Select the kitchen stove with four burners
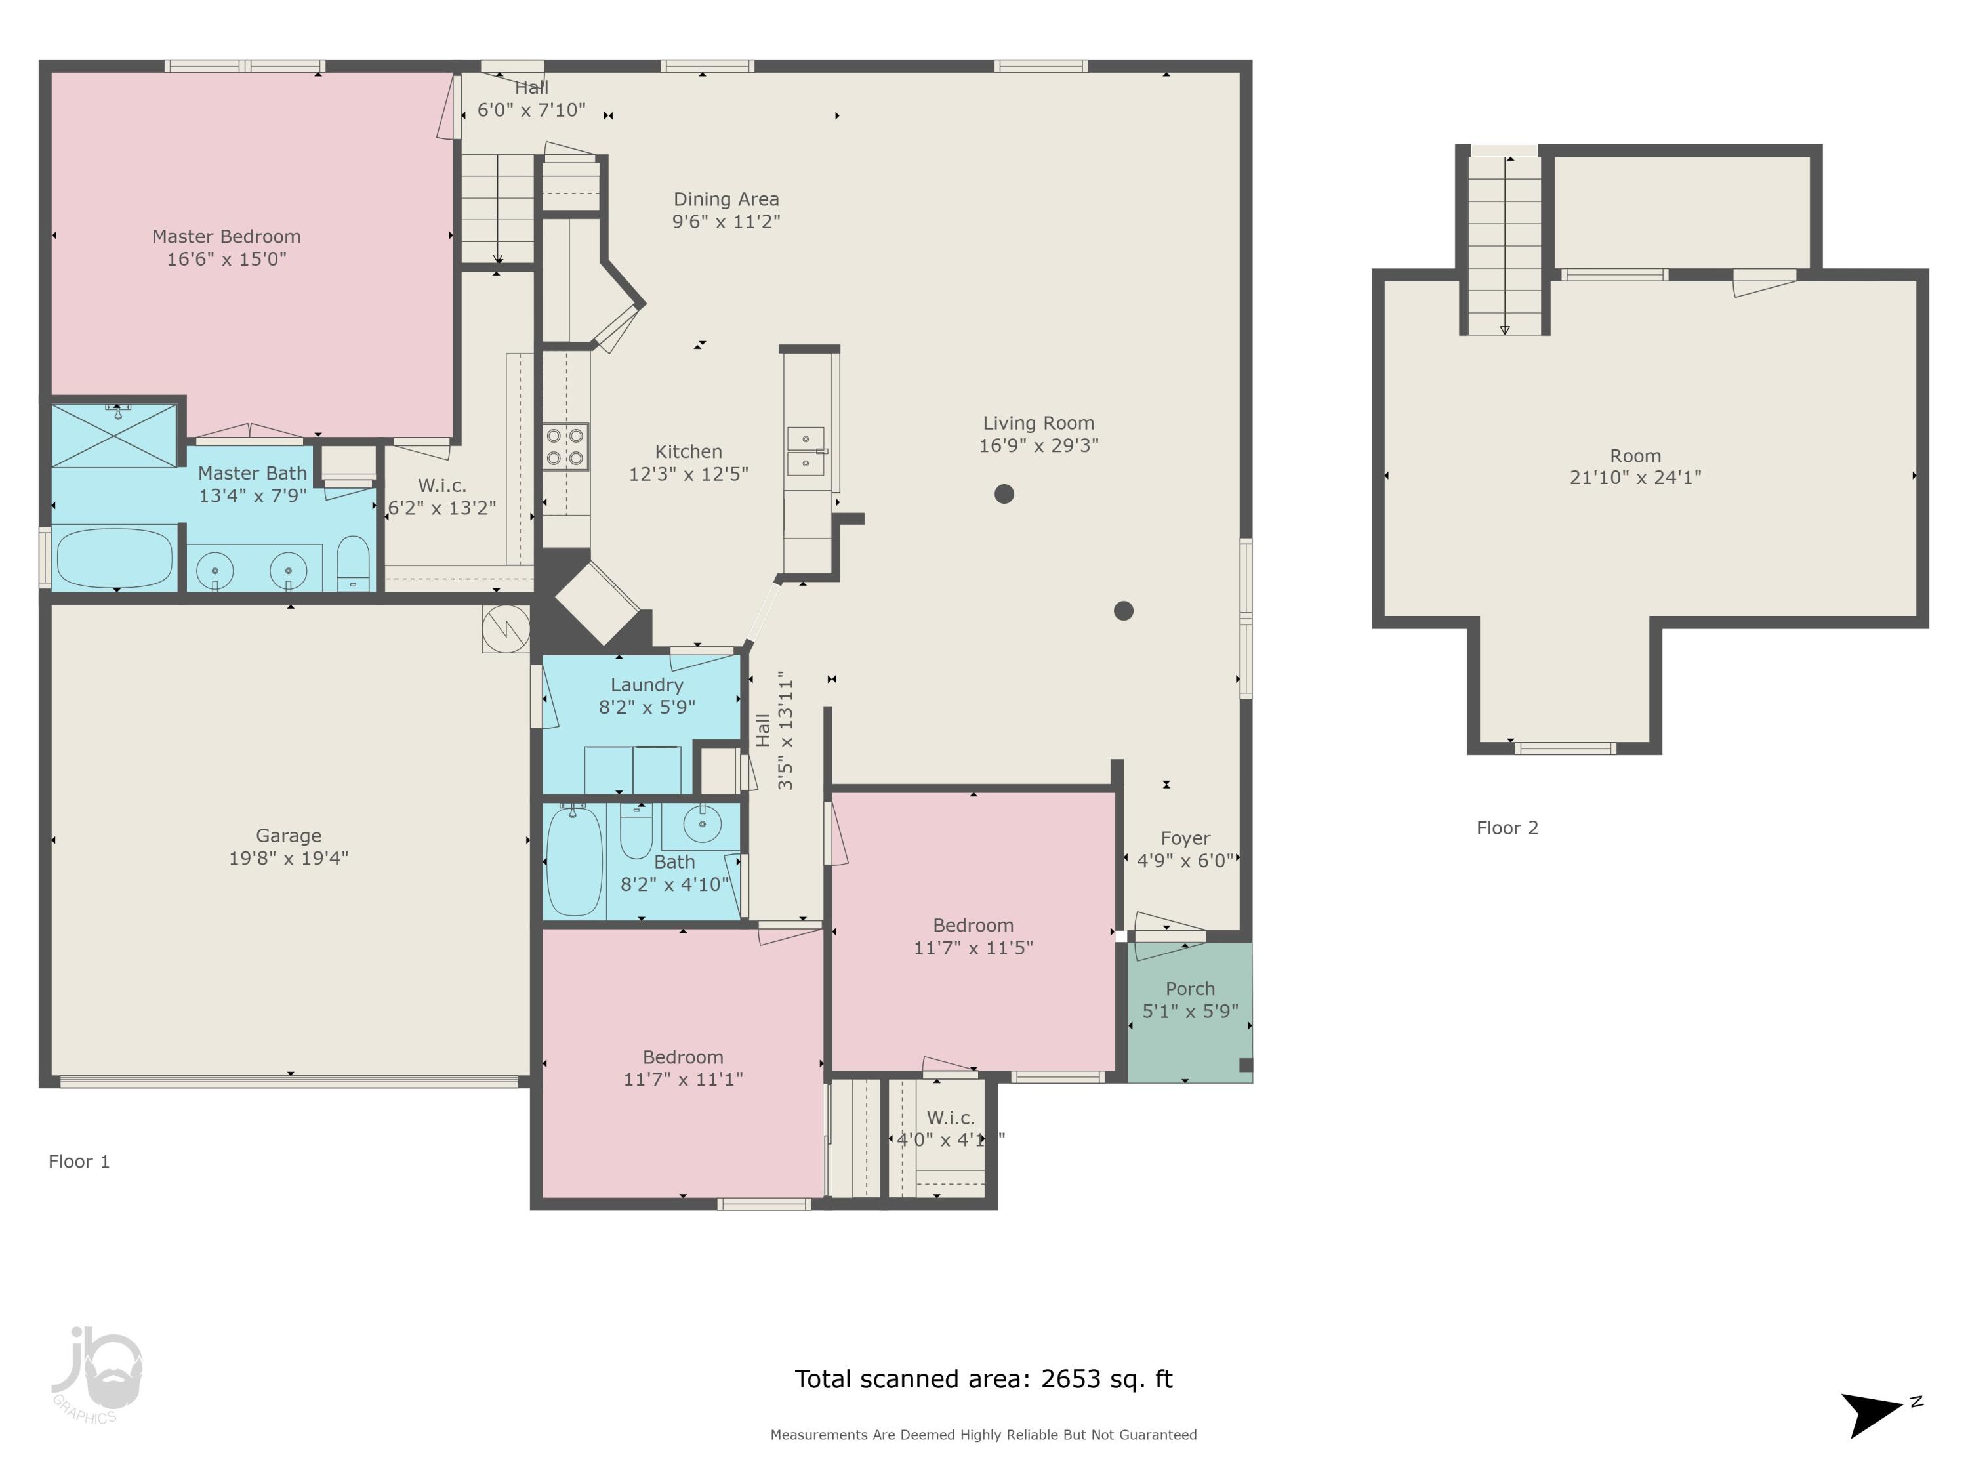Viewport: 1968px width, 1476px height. point(566,447)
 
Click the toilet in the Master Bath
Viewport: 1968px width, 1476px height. point(353,562)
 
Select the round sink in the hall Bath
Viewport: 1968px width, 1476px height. point(703,825)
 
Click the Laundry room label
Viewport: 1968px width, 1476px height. point(647,685)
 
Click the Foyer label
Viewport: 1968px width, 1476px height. point(1185,839)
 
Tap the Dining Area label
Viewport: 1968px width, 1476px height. point(726,199)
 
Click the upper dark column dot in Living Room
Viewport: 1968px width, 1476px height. point(1004,494)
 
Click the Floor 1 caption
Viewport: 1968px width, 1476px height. point(79,1162)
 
